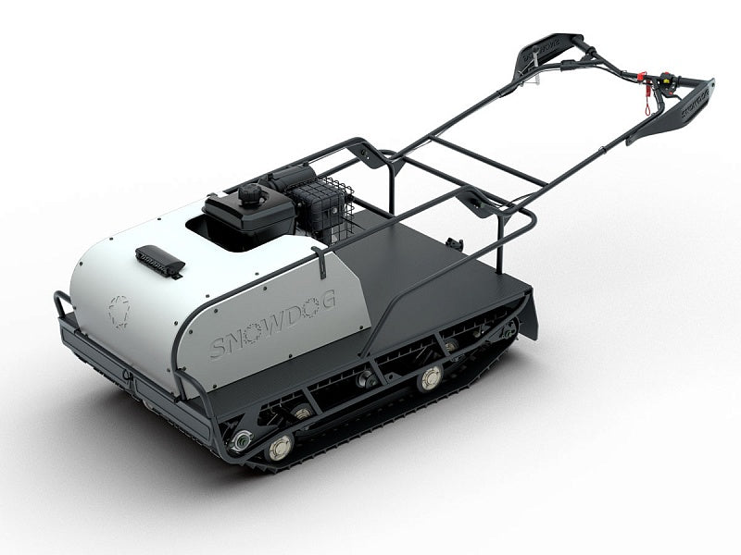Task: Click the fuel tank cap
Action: (249, 197)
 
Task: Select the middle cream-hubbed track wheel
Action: (429, 378)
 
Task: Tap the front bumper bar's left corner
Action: (63, 302)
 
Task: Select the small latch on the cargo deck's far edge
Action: (454, 242)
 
